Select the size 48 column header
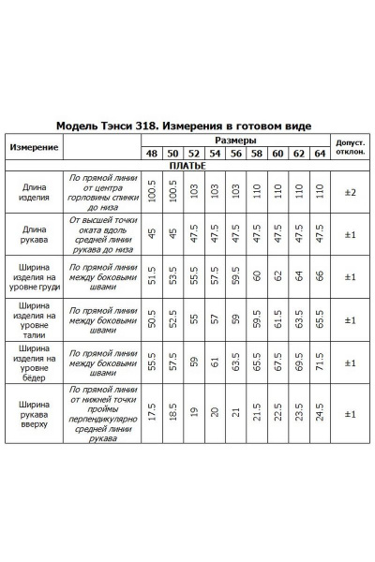coord(151,153)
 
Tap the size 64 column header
coord(319,153)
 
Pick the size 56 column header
coord(235,153)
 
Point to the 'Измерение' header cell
coord(35,147)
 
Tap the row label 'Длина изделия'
coord(35,192)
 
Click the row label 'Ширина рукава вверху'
coord(35,413)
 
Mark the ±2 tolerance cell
coord(350,192)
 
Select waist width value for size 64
coord(319,318)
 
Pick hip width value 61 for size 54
coord(215,362)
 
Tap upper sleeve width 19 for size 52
coord(194,413)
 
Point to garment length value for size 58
coord(256,192)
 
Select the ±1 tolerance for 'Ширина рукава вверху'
coord(350,413)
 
